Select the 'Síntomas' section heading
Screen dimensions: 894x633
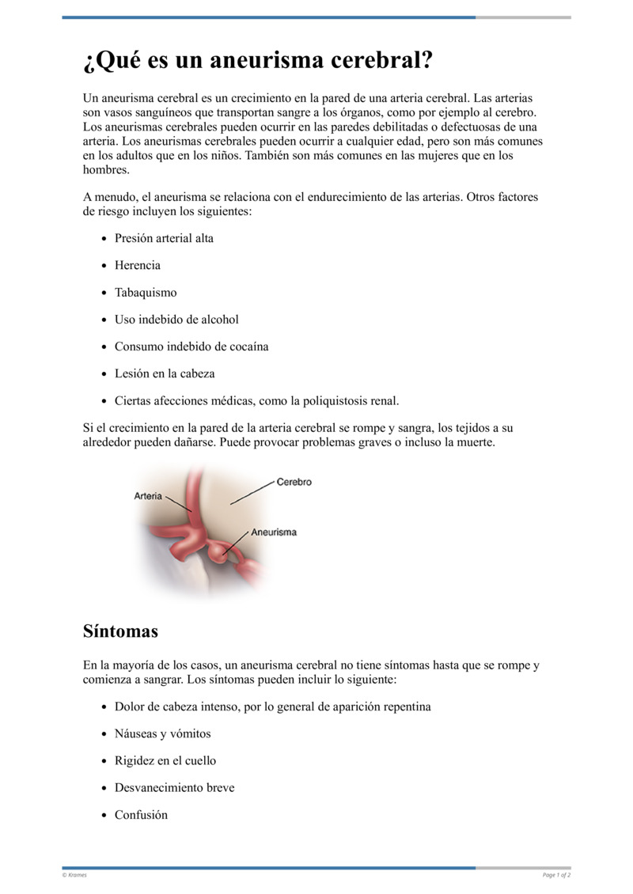tap(120, 631)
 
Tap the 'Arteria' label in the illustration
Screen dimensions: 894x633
tap(148, 496)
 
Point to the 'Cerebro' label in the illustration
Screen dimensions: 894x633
tap(294, 482)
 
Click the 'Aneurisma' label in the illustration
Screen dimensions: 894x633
tap(274, 532)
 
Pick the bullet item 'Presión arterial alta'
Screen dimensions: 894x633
tap(164, 238)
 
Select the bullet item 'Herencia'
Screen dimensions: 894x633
tap(137, 265)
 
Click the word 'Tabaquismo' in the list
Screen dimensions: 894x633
tap(146, 292)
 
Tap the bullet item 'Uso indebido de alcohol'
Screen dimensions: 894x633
tap(176, 320)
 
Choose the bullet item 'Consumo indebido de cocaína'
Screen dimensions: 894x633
tap(191, 347)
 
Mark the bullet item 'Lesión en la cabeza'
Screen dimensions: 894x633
tap(165, 373)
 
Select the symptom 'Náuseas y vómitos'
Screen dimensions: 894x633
tap(162, 733)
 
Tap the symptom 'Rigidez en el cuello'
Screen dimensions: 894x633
tap(165, 760)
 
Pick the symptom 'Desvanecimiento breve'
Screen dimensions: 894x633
tap(174, 788)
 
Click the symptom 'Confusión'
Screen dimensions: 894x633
tap(141, 815)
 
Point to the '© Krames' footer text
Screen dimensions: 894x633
tap(74, 875)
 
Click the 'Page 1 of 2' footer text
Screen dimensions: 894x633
tap(556, 875)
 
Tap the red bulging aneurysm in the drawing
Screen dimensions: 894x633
tap(227, 553)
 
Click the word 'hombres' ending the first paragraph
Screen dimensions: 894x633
tap(105, 169)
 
